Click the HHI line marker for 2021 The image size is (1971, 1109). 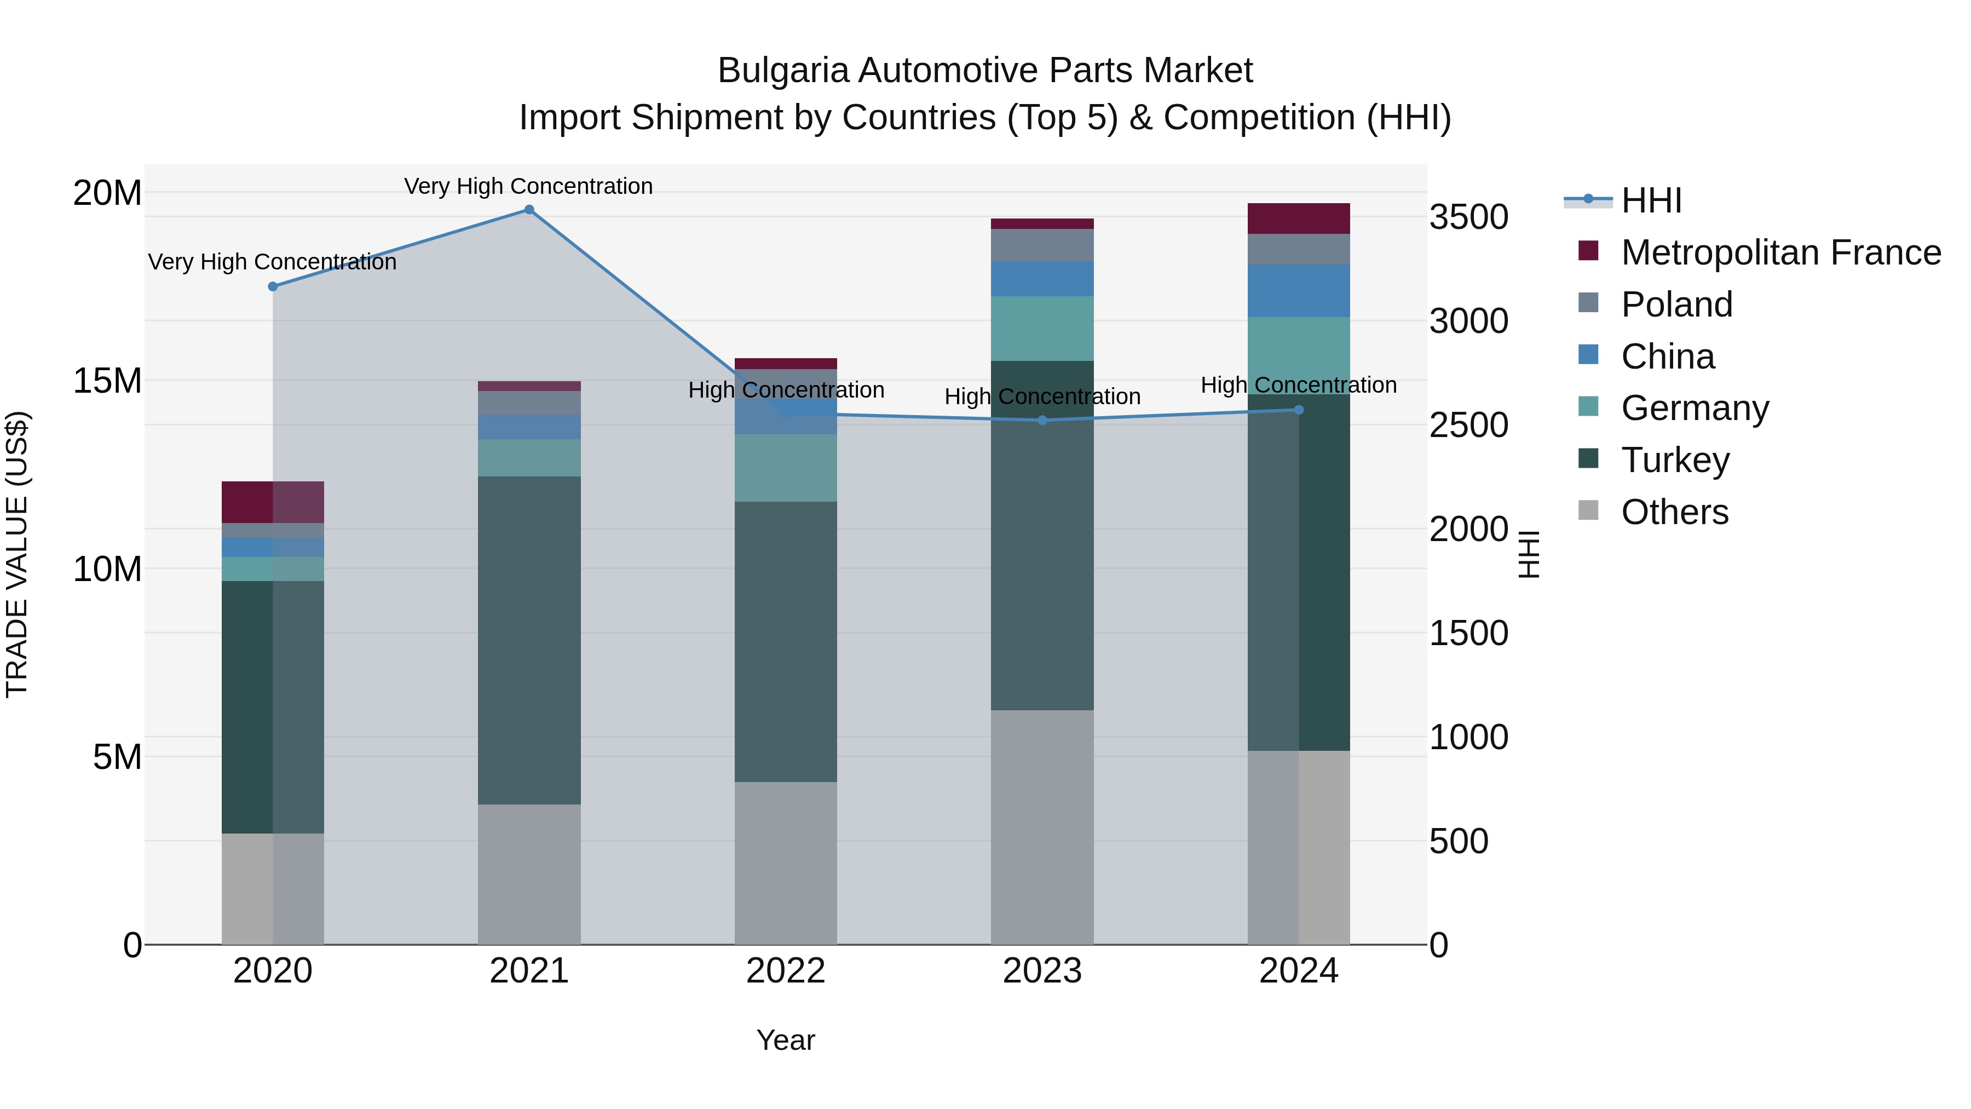(x=529, y=210)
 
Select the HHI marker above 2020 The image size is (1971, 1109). (x=273, y=286)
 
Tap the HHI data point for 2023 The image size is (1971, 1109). (x=1042, y=420)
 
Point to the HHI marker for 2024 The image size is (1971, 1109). (x=1299, y=410)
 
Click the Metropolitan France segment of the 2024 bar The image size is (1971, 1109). (x=1299, y=219)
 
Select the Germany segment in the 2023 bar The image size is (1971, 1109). (x=1042, y=329)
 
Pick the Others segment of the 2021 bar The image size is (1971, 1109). (x=529, y=874)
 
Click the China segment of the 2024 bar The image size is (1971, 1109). (x=1299, y=291)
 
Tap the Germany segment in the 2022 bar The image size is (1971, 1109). (x=786, y=468)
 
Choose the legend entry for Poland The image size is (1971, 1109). (x=1676, y=304)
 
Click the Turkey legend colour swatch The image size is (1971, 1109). (x=1588, y=458)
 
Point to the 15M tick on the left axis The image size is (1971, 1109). (x=107, y=381)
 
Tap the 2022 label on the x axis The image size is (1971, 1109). (x=786, y=971)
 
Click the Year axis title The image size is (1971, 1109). (x=786, y=1040)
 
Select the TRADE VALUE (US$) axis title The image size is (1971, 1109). (x=17, y=554)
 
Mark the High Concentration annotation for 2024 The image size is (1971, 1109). (x=1299, y=385)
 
